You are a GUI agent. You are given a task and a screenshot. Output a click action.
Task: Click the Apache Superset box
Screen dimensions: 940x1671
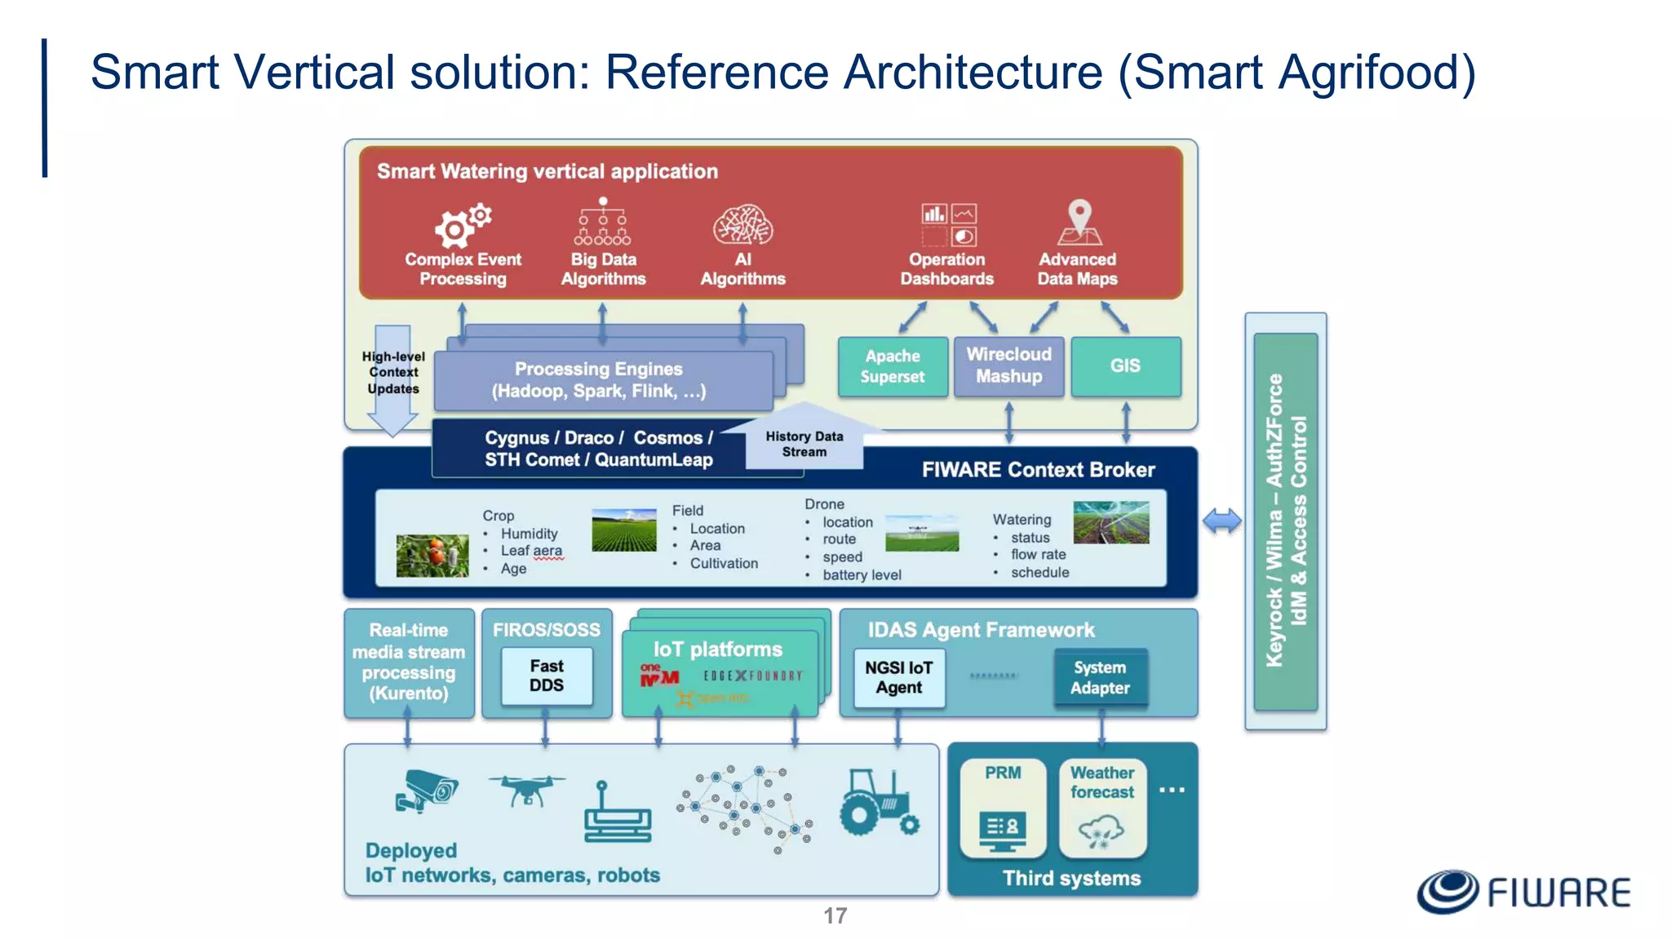[x=893, y=366]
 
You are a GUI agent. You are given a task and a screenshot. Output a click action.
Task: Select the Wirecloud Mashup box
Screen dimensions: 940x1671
[x=1008, y=366]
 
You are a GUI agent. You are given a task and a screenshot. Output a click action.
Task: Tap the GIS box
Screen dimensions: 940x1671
[x=1125, y=366]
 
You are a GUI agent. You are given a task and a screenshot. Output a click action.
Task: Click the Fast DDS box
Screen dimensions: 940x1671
[x=546, y=676]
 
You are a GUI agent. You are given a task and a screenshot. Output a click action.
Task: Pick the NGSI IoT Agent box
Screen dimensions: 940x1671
[x=898, y=677]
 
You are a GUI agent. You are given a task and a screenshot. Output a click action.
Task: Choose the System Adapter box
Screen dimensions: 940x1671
[x=1100, y=677]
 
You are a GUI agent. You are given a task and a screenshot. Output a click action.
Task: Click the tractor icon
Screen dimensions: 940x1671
[x=878, y=803]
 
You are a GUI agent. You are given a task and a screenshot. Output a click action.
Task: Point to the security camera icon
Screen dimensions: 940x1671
[x=427, y=791]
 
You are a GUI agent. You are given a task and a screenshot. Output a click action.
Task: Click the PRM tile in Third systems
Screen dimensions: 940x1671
[x=1002, y=808]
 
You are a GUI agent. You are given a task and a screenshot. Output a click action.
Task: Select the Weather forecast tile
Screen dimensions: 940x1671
[x=1101, y=808]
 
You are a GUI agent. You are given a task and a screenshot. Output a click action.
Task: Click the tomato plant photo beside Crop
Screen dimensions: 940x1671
[x=432, y=556]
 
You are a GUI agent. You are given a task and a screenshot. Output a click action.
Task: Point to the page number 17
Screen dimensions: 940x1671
[x=835, y=916]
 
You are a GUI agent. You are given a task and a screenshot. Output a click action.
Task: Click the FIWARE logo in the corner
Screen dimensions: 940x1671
[x=1523, y=891]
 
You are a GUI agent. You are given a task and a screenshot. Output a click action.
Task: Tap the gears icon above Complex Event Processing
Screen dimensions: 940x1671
[x=462, y=225]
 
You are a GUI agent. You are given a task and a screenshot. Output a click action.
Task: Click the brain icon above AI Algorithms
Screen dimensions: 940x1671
[x=742, y=225]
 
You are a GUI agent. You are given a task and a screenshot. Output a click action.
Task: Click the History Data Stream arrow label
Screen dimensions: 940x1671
[x=804, y=444]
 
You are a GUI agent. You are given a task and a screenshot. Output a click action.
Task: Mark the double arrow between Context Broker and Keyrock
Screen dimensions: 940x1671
[x=1221, y=521]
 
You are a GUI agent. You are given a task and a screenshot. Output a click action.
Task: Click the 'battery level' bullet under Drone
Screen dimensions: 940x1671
[x=861, y=575]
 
